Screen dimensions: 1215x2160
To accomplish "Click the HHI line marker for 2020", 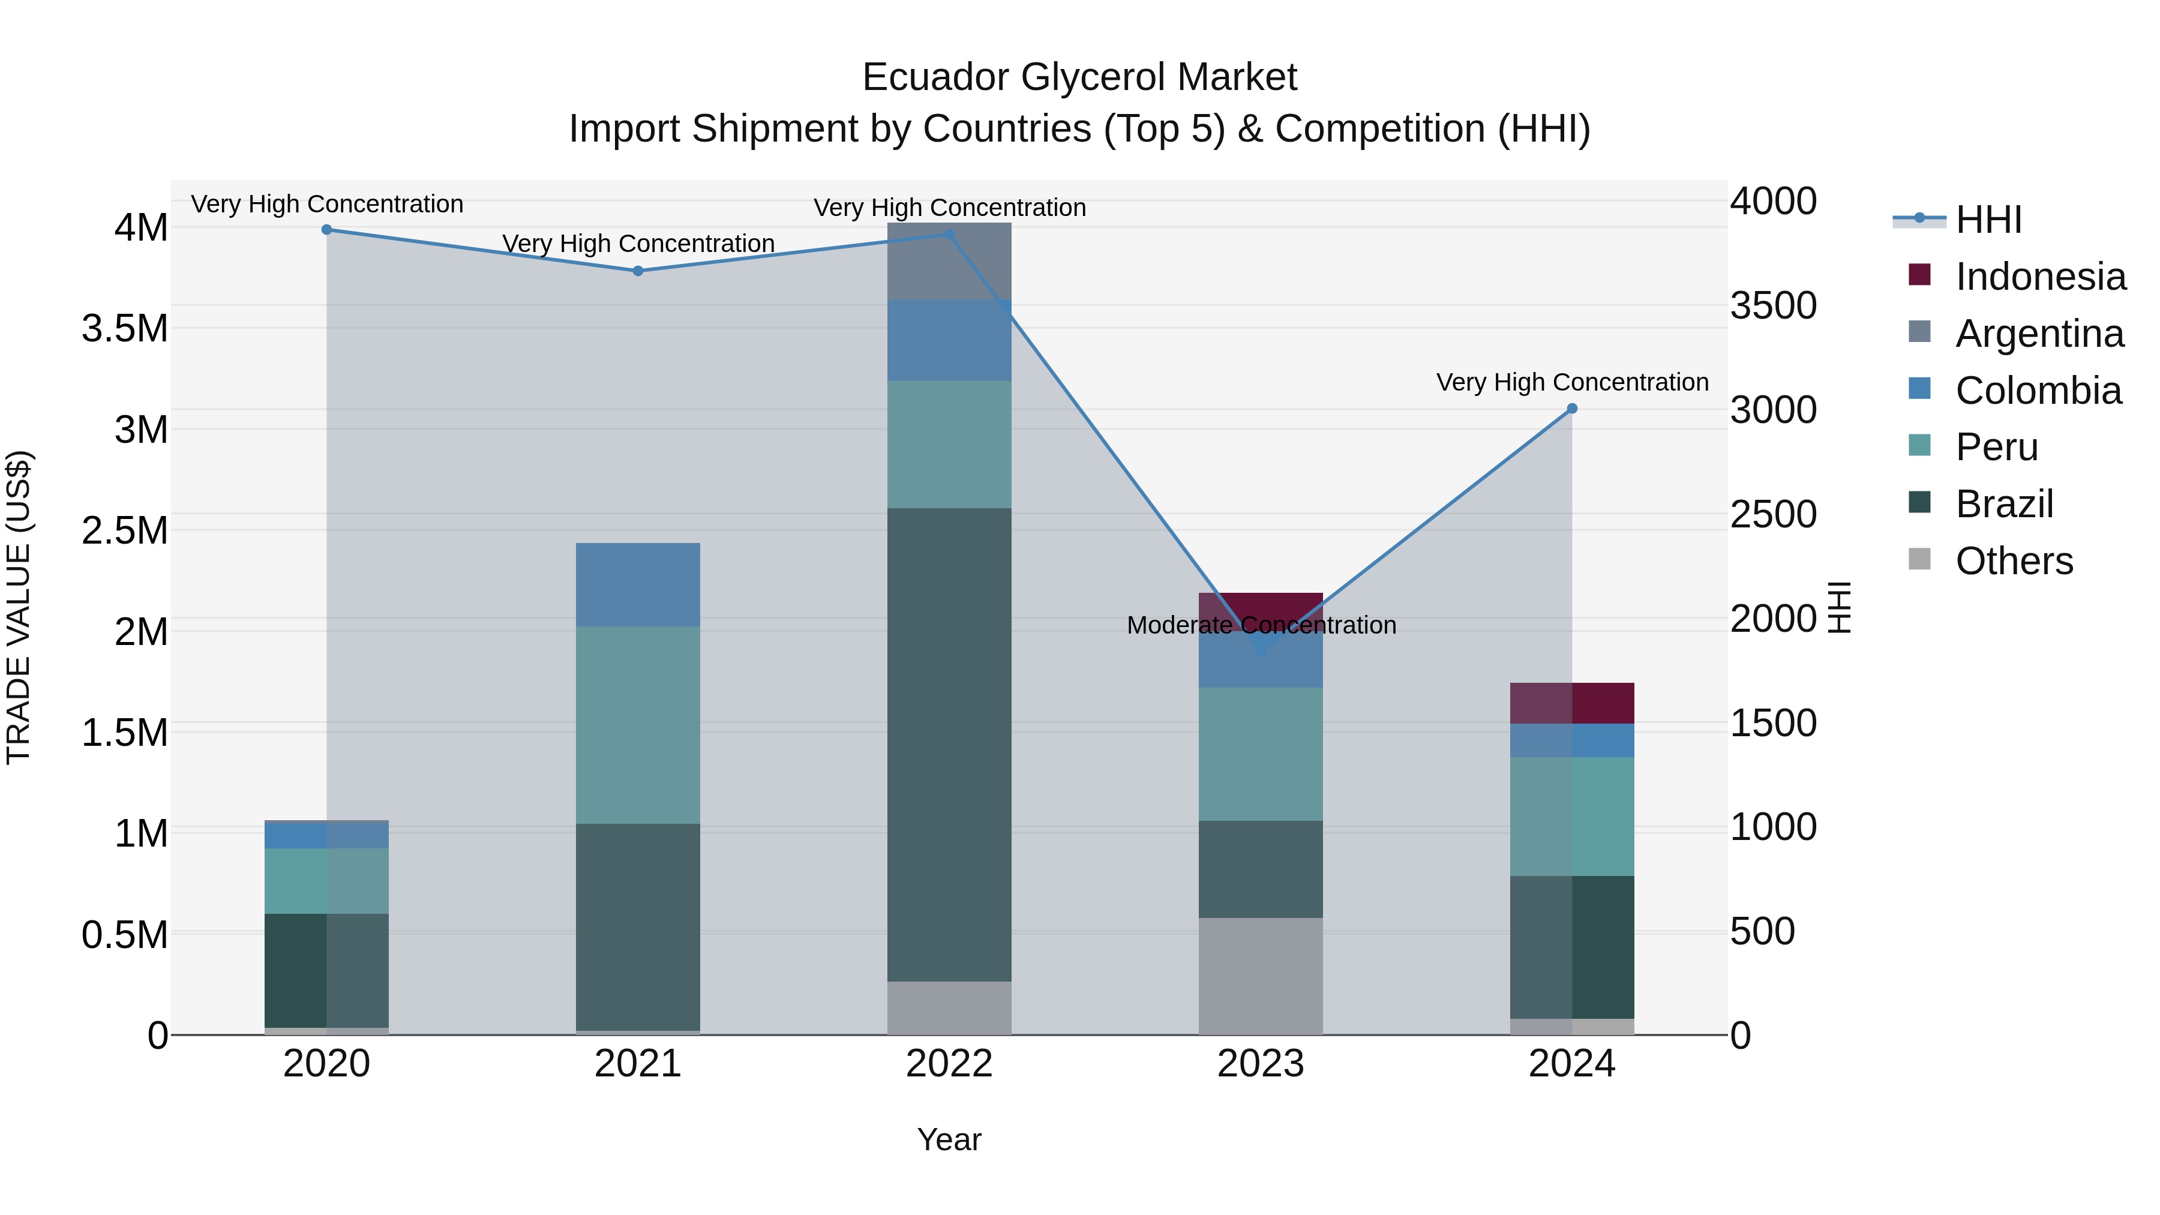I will [x=327, y=230].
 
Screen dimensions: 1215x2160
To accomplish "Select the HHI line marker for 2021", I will [x=638, y=271].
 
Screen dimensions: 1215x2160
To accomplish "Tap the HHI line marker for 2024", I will [x=1572, y=409].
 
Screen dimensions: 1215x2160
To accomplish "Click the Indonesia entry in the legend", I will [x=2040, y=277].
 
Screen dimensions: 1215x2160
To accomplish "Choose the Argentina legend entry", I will [x=2039, y=334].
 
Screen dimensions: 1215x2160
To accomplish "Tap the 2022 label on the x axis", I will [x=949, y=1064].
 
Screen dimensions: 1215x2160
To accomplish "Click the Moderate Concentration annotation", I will [x=1261, y=626].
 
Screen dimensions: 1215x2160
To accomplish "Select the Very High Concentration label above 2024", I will [x=1572, y=382].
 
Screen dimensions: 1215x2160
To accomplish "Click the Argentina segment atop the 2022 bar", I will [x=949, y=262].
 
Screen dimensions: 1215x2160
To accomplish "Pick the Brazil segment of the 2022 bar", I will [x=949, y=745].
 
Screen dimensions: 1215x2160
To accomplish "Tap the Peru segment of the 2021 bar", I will [x=638, y=725].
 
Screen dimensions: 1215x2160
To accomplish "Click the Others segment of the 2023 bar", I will [x=1261, y=976].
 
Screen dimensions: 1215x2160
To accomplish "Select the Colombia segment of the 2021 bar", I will [x=638, y=584].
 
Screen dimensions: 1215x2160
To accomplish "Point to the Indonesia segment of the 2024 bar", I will [x=1572, y=704].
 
